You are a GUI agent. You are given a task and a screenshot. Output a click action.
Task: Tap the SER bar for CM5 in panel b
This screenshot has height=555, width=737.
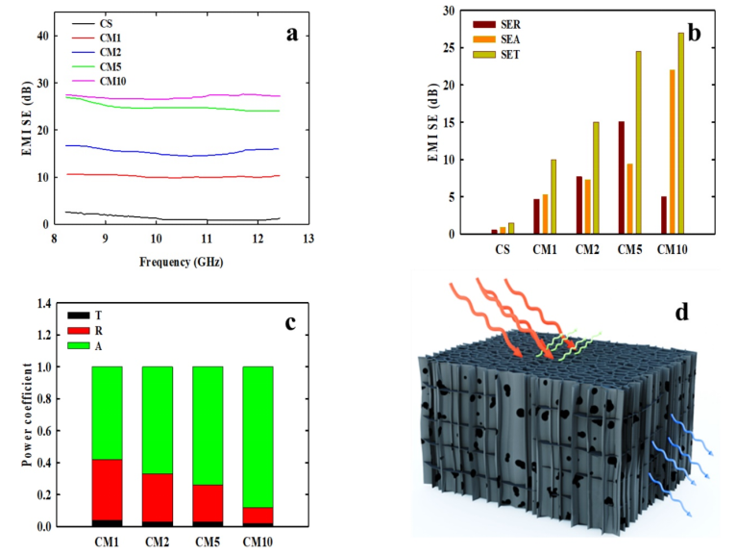621,177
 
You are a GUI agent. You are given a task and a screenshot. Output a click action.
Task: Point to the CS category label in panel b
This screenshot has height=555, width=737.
503,249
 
